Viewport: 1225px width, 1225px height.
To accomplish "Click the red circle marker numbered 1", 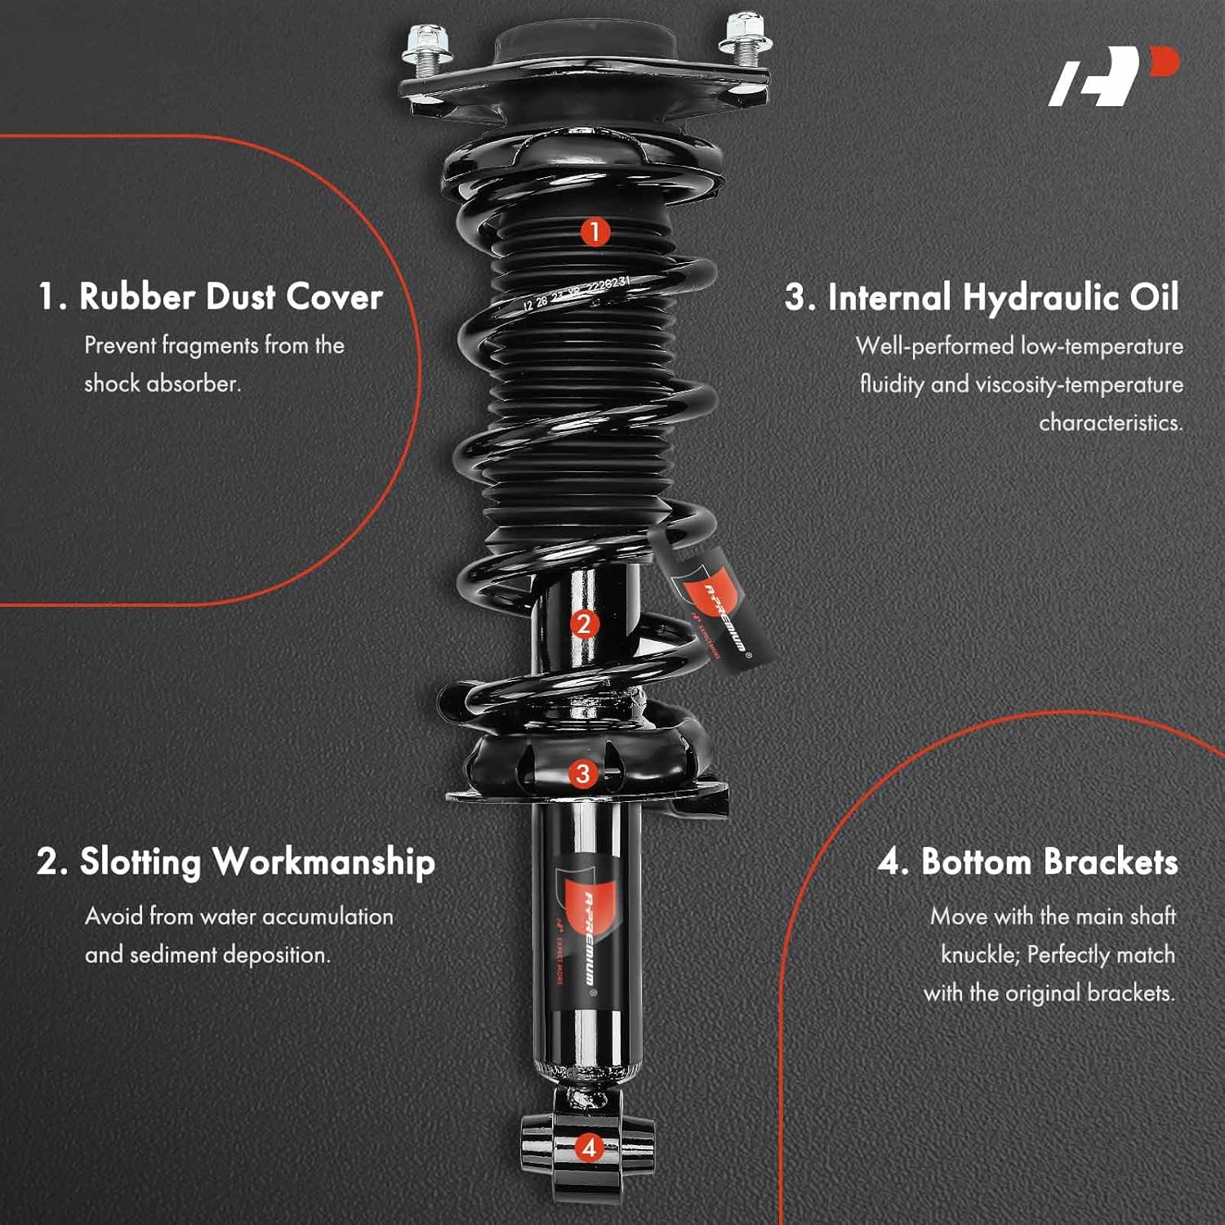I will click(x=595, y=231).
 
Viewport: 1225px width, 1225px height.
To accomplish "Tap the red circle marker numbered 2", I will click(x=583, y=625).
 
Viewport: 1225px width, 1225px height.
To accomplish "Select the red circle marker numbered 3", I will click(x=582, y=773).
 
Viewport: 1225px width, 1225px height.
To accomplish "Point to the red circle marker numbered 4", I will click(x=589, y=1147).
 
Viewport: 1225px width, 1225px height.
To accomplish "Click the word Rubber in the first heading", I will click(x=136, y=296).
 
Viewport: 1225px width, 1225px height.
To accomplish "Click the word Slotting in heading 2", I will click(x=140, y=862).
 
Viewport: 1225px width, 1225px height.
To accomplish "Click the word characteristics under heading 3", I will click(x=1110, y=423).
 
